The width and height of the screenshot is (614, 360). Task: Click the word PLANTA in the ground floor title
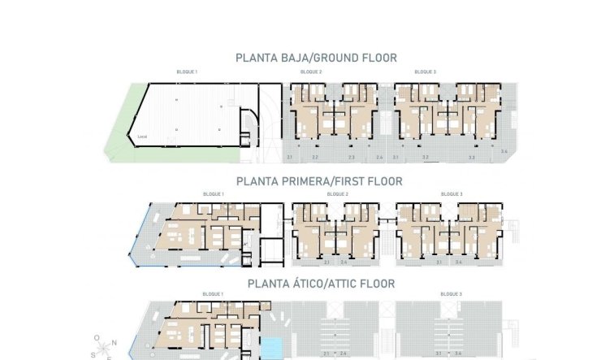(x=256, y=58)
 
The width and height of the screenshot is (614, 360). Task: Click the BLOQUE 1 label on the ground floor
(x=187, y=72)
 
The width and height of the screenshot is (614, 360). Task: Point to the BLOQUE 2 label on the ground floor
(x=311, y=72)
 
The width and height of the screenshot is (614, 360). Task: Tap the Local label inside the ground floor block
(x=142, y=137)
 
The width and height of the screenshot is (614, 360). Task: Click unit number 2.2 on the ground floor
(x=315, y=157)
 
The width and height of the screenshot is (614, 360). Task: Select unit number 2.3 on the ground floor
(x=352, y=157)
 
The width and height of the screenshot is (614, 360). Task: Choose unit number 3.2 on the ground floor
(x=425, y=157)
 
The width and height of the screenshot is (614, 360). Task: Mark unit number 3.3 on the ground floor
(x=471, y=157)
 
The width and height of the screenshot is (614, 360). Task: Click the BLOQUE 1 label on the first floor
(x=213, y=194)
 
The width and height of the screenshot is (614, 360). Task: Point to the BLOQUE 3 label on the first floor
(x=451, y=194)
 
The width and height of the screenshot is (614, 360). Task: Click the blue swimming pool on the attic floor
(x=274, y=345)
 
